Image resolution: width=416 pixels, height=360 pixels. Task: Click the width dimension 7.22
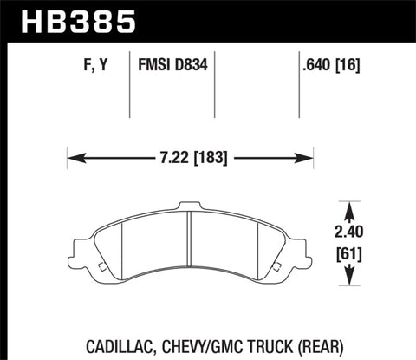click(x=162, y=159)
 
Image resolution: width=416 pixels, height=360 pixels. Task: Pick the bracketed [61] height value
click(x=351, y=255)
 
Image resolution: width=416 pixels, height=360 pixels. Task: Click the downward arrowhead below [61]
click(x=351, y=280)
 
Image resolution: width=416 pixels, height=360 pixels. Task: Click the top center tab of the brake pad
click(x=190, y=208)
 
